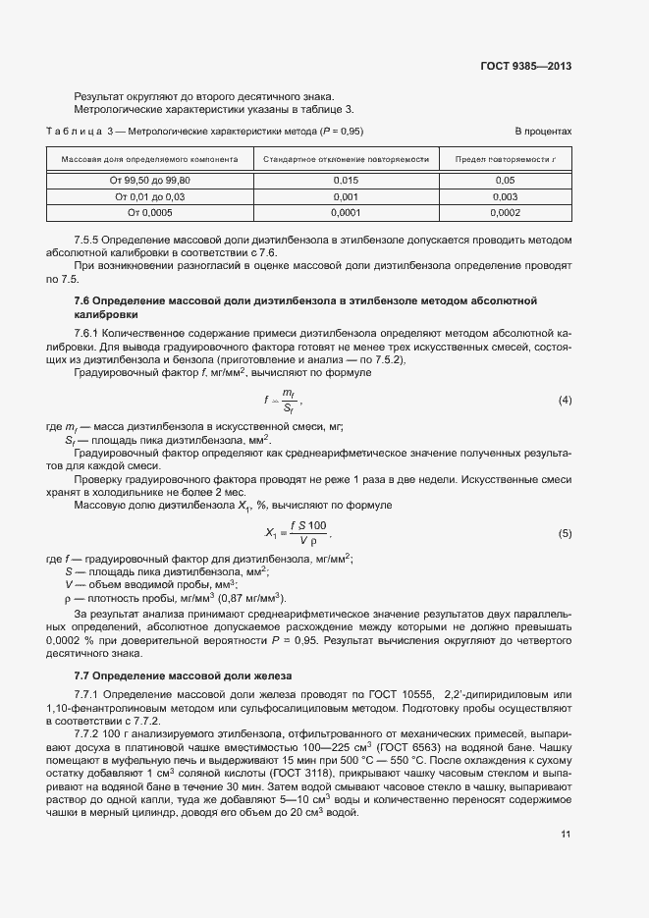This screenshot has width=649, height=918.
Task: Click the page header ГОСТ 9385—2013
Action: (525, 67)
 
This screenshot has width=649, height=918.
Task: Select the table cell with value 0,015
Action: (347, 181)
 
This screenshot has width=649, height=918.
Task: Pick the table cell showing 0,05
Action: (505, 181)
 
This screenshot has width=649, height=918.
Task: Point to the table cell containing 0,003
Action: (505, 196)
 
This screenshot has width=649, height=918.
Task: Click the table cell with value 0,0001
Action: (347, 212)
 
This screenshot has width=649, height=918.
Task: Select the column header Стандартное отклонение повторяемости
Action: (346, 157)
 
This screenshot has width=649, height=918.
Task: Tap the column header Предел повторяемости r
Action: (505, 157)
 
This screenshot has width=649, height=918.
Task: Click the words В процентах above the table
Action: (543, 132)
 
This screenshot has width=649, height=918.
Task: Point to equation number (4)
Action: (565, 400)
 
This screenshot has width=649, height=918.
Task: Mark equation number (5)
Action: (565, 533)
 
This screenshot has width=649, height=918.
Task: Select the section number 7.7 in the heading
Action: (82, 677)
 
